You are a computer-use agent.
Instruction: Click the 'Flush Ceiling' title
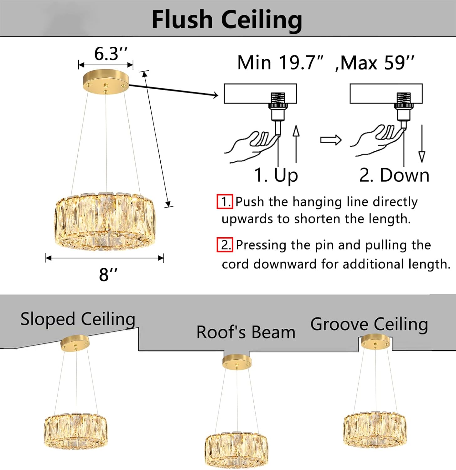pyautogui.click(x=227, y=19)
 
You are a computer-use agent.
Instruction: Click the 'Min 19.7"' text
pyautogui.click(x=280, y=63)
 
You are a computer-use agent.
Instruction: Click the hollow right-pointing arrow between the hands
pyautogui.click(x=331, y=140)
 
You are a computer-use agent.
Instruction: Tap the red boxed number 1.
pyautogui.click(x=225, y=201)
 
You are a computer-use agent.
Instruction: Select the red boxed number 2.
pyautogui.click(x=225, y=245)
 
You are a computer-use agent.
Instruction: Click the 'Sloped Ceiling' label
pyautogui.click(x=78, y=319)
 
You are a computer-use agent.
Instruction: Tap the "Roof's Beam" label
pyautogui.click(x=246, y=332)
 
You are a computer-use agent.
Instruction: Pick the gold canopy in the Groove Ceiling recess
pyautogui.click(x=375, y=342)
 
